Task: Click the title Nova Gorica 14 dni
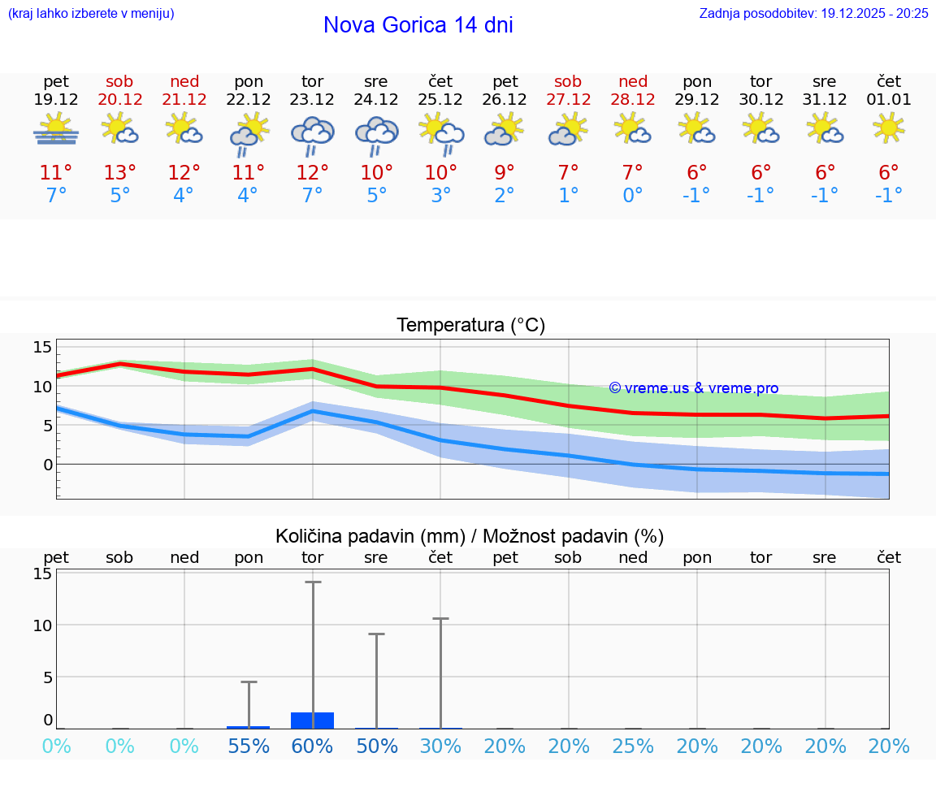(418, 25)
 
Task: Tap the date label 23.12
(312, 100)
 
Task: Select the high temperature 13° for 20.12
(119, 173)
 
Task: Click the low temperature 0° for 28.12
(632, 196)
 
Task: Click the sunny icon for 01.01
(889, 128)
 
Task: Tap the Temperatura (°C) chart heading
(470, 326)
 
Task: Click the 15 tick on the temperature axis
(42, 348)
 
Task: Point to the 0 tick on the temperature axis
(47, 465)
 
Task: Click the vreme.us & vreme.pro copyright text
(693, 388)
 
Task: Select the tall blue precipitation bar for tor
(313, 720)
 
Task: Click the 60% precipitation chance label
(313, 747)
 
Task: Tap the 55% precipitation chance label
(249, 747)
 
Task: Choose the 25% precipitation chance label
(633, 747)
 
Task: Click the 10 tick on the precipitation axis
(42, 625)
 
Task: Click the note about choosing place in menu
(91, 14)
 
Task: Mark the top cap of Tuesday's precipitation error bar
(313, 582)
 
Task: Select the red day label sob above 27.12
(568, 81)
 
